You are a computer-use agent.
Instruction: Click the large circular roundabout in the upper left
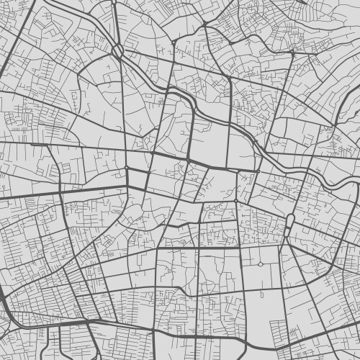pos(118,50)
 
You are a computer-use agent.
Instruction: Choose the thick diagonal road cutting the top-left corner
pos(18,29)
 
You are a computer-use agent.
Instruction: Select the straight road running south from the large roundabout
pos(123,108)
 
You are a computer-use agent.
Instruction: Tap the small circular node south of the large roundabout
pos(127,168)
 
